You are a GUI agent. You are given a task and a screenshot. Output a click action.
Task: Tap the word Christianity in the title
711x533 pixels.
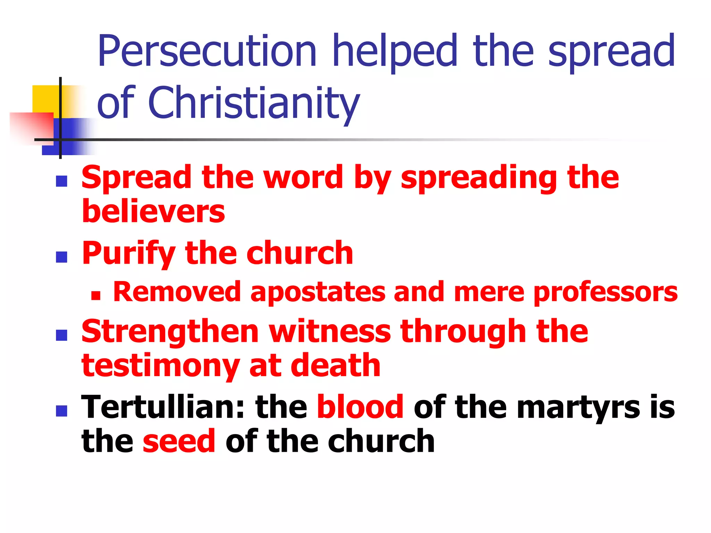[254, 103]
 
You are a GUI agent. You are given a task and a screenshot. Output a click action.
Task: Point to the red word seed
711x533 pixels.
[179, 441]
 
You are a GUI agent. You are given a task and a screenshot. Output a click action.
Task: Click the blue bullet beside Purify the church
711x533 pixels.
[61, 257]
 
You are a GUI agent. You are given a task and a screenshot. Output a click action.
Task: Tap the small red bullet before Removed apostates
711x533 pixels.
[95, 296]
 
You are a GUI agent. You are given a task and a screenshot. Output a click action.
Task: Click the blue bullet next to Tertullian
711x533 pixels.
[61, 411]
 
